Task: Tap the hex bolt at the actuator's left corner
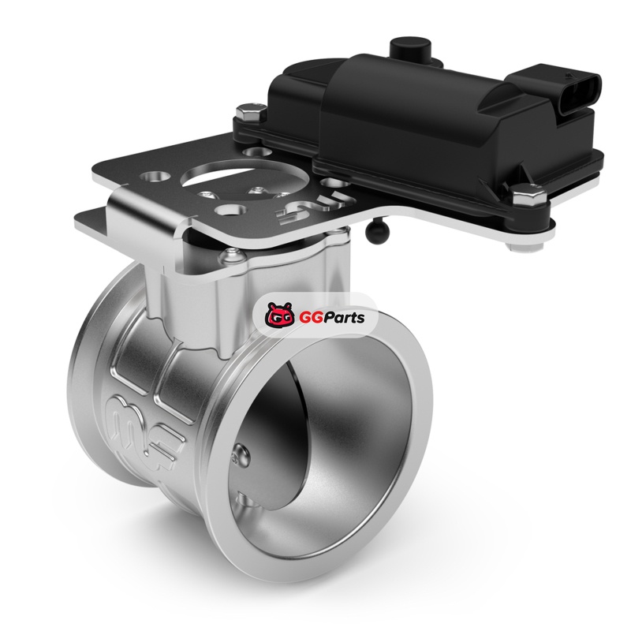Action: click(251, 112)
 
